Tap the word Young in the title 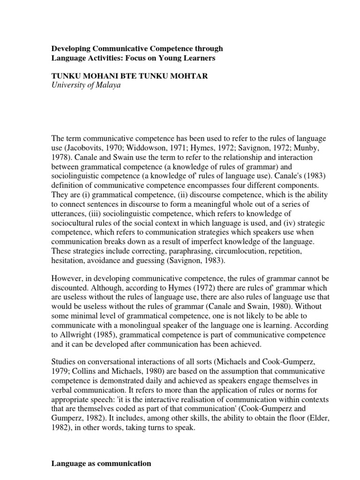(x=180, y=58)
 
